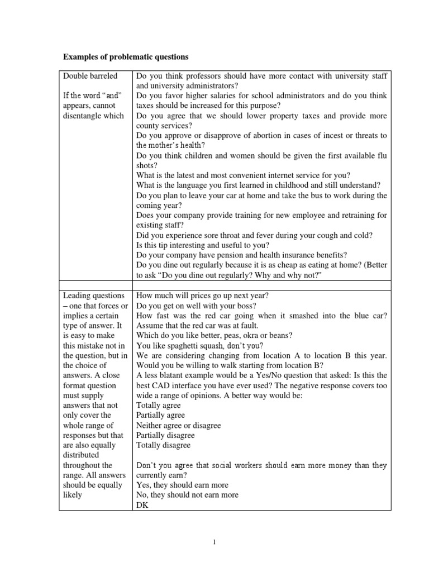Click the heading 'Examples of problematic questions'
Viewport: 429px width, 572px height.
pos(126,56)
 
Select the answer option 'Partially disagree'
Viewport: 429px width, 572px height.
pos(165,436)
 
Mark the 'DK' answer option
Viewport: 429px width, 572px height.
pos(142,505)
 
